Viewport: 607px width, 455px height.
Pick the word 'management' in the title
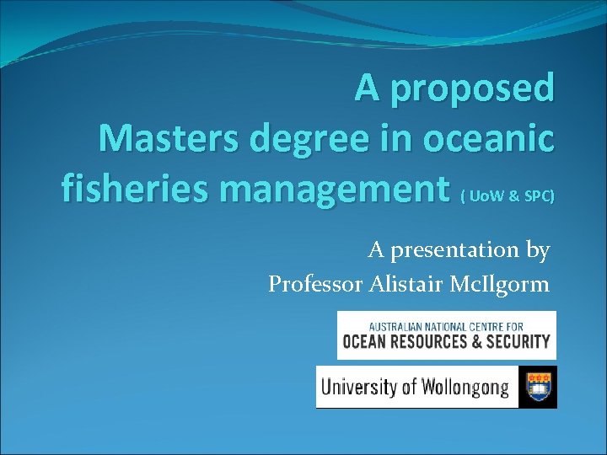[x=339, y=190]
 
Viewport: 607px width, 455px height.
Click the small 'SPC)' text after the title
[x=539, y=195]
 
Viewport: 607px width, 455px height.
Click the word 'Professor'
[x=315, y=285]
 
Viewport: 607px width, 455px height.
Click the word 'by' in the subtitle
[x=538, y=251]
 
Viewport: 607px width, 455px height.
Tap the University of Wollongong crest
[x=537, y=387]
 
